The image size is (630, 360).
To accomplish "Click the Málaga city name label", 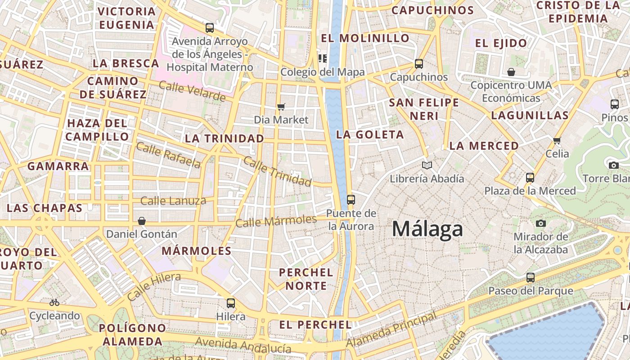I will tap(427, 229).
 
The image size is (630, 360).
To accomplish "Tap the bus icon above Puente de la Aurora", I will tap(351, 199).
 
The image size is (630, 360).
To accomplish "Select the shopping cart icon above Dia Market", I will tap(281, 107).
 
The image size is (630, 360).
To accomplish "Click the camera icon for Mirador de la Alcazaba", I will tap(541, 223).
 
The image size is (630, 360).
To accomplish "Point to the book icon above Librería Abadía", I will tap(427, 165).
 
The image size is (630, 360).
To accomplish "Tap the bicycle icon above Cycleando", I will tap(54, 302).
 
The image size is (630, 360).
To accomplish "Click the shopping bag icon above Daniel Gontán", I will tap(142, 221).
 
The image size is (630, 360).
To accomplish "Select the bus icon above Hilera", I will tap(231, 303).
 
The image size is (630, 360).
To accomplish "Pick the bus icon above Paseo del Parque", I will tap(531, 277).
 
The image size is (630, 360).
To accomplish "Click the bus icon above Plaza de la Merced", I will tap(530, 177).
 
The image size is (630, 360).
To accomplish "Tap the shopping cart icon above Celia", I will tap(557, 140).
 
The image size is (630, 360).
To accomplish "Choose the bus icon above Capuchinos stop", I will tap(419, 64).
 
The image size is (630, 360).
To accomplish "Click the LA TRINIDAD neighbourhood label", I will tap(225, 138).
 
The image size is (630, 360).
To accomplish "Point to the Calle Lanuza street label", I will tap(173, 201).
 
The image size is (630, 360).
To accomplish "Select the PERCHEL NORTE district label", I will tap(306, 279).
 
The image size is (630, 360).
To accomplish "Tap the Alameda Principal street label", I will tap(391, 330).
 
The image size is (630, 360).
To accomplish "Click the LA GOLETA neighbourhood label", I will tap(370, 135).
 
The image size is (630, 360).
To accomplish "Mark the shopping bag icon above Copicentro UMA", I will tap(511, 72).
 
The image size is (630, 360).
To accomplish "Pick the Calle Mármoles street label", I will tap(276, 221).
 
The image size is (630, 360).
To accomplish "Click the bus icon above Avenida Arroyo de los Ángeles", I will tap(210, 28).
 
